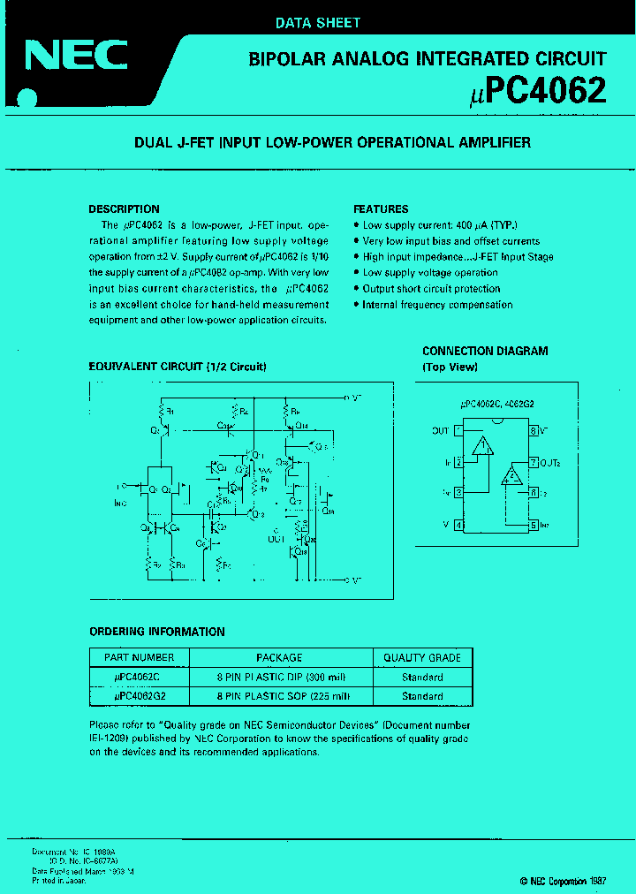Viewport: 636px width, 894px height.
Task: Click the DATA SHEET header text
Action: (317, 23)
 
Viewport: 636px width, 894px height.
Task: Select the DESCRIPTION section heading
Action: (124, 209)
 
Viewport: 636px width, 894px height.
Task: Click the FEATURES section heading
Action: (381, 209)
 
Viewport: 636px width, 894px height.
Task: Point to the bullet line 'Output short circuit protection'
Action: (431, 289)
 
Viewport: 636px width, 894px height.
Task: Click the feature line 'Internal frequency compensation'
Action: (437, 305)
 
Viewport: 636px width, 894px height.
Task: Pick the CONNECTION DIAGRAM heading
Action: (485, 351)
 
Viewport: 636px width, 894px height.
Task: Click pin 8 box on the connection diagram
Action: (534, 431)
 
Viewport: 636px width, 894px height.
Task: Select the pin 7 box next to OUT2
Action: (534, 462)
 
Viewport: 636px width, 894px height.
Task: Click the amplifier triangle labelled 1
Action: (481, 446)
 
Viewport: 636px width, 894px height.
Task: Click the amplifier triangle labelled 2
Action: (511, 476)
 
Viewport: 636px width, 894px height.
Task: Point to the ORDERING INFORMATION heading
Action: (157, 632)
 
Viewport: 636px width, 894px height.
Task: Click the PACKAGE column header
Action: (279, 657)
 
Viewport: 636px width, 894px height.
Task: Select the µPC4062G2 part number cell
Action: (140, 696)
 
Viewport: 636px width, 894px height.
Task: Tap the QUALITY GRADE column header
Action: (422, 657)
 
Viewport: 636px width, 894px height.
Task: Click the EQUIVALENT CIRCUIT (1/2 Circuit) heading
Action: (178, 367)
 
